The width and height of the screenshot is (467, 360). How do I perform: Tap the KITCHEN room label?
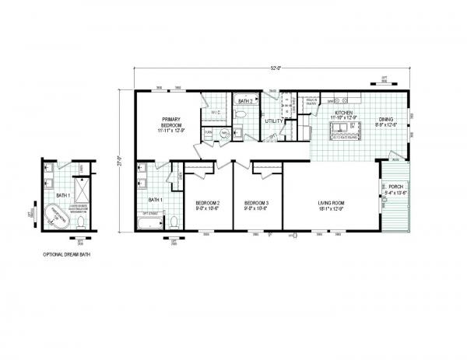point(344,114)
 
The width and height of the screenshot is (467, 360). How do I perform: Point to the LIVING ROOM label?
point(332,205)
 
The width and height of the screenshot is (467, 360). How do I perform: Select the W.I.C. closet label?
point(216,114)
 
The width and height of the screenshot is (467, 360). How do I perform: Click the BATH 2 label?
point(244,101)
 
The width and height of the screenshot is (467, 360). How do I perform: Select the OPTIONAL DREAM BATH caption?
point(64,254)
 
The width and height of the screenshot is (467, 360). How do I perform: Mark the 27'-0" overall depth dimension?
point(120,162)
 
